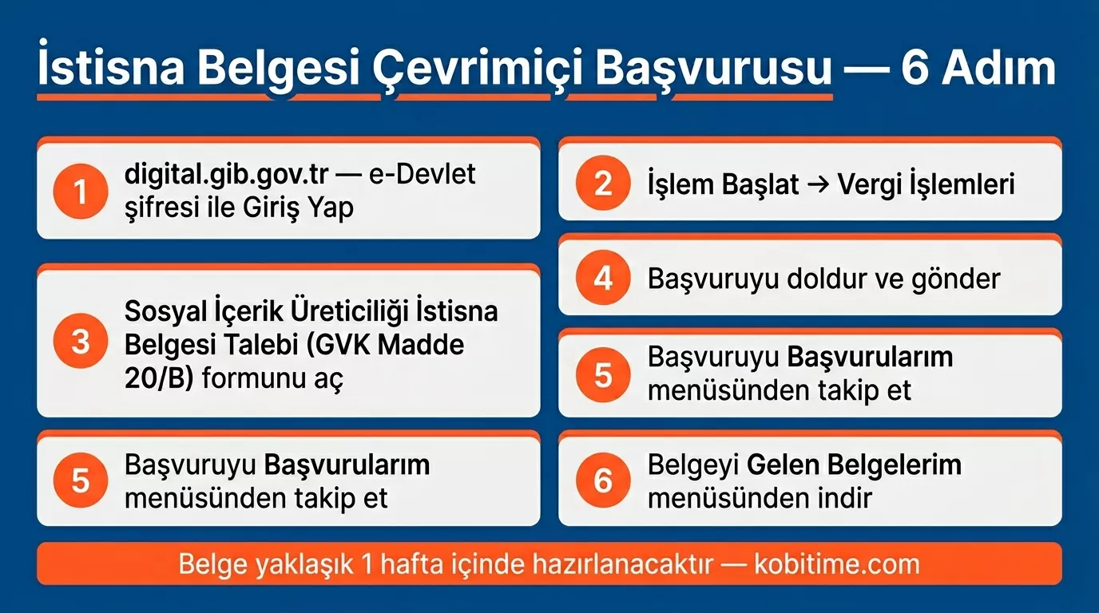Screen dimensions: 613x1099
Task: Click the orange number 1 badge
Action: click(80, 192)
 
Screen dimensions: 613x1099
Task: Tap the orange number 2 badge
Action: click(603, 184)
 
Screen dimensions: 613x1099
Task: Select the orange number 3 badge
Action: click(80, 342)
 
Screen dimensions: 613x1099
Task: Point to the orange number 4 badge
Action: click(603, 279)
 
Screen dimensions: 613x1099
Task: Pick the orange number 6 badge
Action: click(603, 481)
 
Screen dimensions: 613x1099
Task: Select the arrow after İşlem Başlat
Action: click(818, 185)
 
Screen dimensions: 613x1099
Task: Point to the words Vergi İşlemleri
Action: click(926, 185)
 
